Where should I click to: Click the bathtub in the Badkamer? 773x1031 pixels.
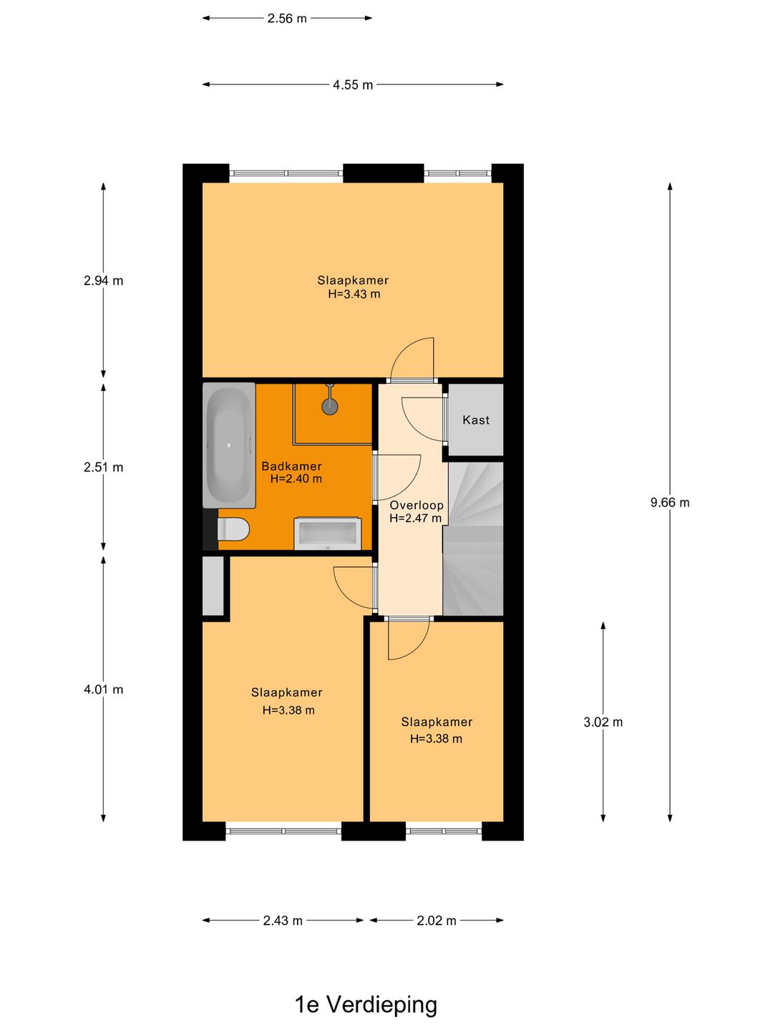[x=229, y=445]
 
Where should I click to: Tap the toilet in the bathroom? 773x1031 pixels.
[x=234, y=530]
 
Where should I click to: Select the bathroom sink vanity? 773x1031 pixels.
[x=328, y=533]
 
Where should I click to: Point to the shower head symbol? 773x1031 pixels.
[x=329, y=405]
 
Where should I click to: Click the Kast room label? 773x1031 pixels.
[x=476, y=420]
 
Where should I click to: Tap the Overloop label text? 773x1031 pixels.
[x=417, y=505]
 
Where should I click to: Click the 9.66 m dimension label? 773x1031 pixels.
[x=670, y=503]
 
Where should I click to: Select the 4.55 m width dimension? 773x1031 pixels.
[x=353, y=85]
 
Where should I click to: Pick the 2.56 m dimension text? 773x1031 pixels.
[x=287, y=19]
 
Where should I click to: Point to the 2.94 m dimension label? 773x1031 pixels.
[x=104, y=281]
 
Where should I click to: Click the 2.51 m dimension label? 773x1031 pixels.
[x=104, y=468]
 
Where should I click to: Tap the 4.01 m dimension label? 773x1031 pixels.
[x=104, y=690]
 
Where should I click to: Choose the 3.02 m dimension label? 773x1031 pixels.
[x=603, y=722]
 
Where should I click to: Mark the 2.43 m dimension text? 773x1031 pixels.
[x=283, y=921]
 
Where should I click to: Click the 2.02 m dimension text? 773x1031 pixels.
[x=437, y=921]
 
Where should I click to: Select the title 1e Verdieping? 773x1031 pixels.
[x=366, y=1005]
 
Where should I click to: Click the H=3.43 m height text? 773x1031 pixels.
[x=354, y=294]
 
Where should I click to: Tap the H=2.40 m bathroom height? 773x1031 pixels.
[x=296, y=479]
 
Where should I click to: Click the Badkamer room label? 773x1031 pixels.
[x=291, y=466]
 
